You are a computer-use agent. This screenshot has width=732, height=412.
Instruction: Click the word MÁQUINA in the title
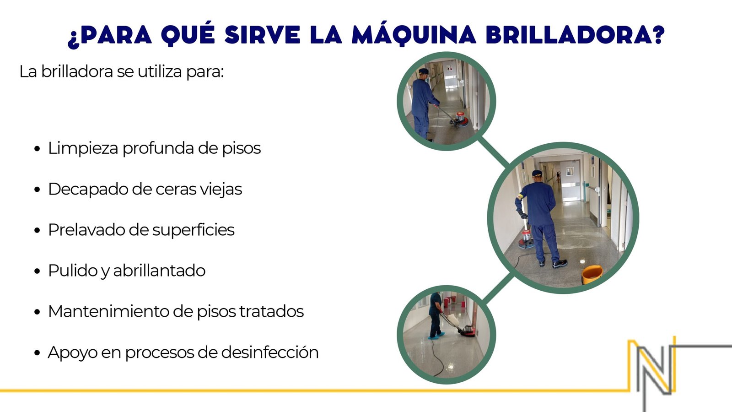click(414, 34)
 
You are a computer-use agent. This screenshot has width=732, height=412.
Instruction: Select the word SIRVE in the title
click(263, 34)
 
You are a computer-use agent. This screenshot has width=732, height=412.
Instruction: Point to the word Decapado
click(87, 190)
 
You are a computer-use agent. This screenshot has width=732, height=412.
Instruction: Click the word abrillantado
click(159, 271)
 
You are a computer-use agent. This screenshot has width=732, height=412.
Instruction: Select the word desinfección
click(269, 352)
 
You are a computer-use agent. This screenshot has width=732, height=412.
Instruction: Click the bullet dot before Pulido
click(37, 271)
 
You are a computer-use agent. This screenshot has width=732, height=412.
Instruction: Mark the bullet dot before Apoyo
click(37, 353)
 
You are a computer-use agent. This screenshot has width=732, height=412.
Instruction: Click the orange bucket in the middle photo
click(592, 275)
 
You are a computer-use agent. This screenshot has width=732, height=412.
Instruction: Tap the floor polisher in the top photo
click(459, 119)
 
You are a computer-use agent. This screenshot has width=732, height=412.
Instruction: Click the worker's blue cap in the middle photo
click(537, 173)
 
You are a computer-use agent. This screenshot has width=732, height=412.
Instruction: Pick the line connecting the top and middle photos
click(494, 152)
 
